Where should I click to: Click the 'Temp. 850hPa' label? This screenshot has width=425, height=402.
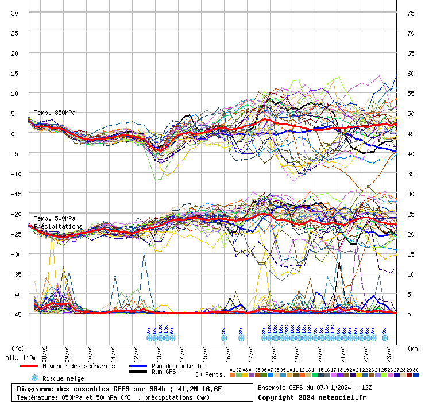(x=55, y=113)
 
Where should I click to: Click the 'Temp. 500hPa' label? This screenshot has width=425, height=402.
(x=55, y=219)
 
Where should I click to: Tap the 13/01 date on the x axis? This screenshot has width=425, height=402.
(x=159, y=350)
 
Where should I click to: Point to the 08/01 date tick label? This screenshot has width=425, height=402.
(x=44, y=350)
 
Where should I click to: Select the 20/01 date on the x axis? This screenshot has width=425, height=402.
(x=320, y=350)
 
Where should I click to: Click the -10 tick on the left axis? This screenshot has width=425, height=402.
(x=15, y=173)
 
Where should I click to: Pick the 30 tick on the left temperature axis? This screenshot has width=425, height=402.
(x=15, y=13)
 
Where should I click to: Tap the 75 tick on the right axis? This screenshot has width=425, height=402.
(x=411, y=13)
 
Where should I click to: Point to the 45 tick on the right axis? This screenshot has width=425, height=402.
(x=411, y=134)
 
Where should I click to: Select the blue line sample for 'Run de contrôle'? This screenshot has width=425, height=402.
(x=138, y=366)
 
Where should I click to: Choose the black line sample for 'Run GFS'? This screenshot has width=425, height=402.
(x=138, y=372)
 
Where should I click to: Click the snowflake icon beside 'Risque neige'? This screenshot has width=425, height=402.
(x=34, y=378)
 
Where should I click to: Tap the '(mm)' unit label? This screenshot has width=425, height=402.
(x=414, y=349)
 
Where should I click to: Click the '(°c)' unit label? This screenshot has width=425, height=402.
(x=18, y=349)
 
